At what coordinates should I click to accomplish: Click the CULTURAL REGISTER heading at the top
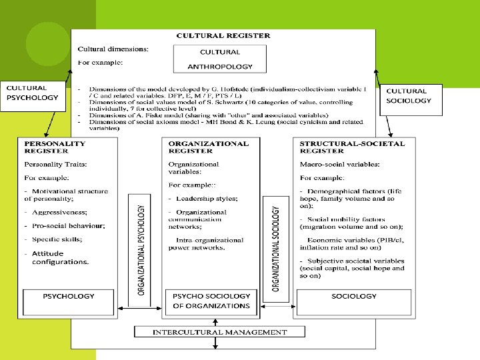click(x=223, y=35)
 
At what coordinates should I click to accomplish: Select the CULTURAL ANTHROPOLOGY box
click(x=220, y=59)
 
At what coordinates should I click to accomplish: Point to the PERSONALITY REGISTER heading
click(x=55, y=147)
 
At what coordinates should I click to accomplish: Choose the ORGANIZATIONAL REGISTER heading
click(x=209, y=147)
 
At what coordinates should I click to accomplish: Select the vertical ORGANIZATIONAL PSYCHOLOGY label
click(x=141, y=249)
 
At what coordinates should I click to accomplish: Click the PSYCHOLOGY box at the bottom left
click(x=69, y=296)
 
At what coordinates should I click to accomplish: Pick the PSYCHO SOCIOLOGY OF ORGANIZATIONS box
click(x=211, y=301)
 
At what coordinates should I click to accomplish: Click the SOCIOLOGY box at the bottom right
click(x=353, y=296)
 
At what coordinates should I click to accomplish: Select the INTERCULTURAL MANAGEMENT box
click(x=220, y=332)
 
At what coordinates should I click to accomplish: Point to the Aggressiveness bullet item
click(x=59, y=211)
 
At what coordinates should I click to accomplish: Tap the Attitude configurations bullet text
click(x=60, y=257)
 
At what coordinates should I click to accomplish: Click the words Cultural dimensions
click(x=113, y=49)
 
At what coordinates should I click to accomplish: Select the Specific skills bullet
click(x=57, y=239)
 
